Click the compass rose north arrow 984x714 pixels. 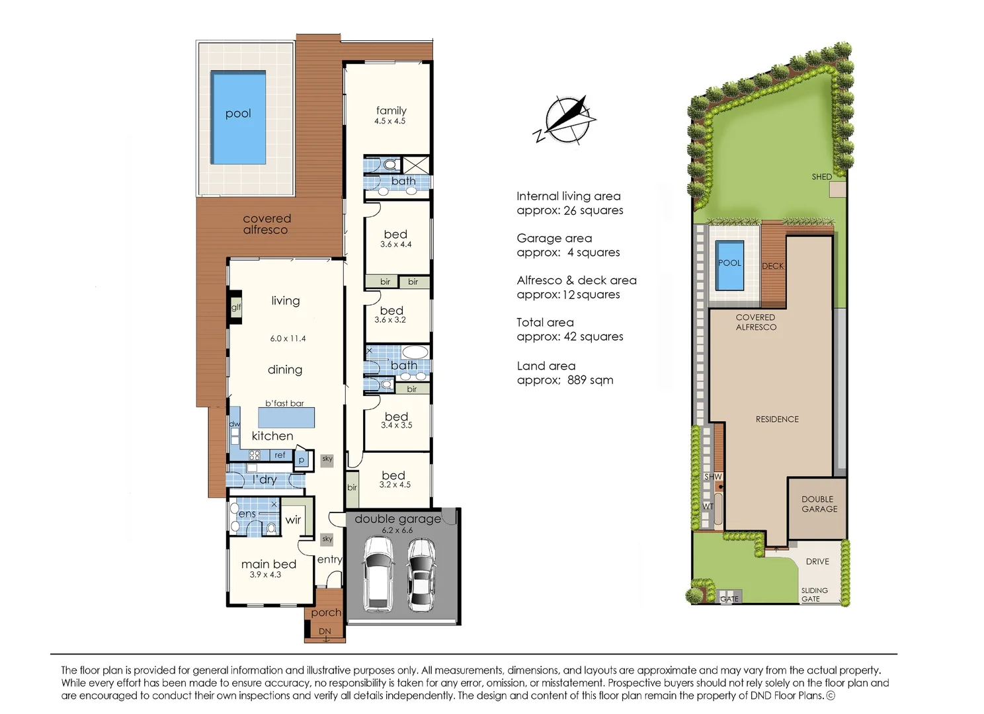pyautogui.click(x=567, y=119)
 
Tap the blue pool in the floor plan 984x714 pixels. pyautogui.click(x=238, y=118)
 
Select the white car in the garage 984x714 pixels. pyautogui.click(x=378, y=573)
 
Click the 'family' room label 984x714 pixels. pyautogui.click(x=391, y=110)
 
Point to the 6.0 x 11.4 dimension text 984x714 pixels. pyautogui.click(x=288, y=338)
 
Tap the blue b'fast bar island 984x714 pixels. pyautogui.click(x=286, y=418)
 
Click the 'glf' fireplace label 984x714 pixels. pyautogui.click(x=236, y=307)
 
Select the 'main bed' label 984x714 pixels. pyautogui.click(x=268, y=564)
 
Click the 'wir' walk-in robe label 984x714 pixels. pyautogui.click(x=293, y=520)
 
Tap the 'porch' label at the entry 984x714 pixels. pyautogui.click(x=326, y=613)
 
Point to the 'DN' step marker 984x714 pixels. pyautogui.click(x=325, y=631)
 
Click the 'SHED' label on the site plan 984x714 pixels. pyautogui.click(x=821, y=177)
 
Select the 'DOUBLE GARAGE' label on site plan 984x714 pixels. pyautogui.click(x=819, y=504)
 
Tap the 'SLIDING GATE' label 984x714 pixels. pyautogui.click(x=813, y=594)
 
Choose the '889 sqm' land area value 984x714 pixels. pyautogui.click(x=589, y=380)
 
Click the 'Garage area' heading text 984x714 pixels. pyautogui.click(x=554, y=238)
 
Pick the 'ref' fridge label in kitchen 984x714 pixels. pyautogui.click(x=280, y=455)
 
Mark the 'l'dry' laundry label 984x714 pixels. pyautogui.click(x=265, y=479)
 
